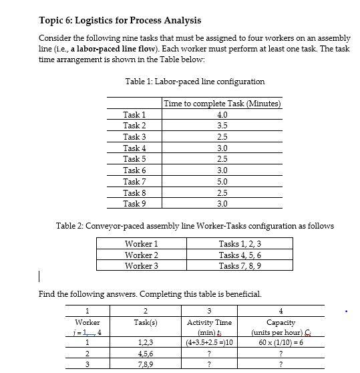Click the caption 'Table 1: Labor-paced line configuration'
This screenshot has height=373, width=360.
195,82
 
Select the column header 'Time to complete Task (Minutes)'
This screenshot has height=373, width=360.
222,104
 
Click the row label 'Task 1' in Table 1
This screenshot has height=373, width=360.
134,115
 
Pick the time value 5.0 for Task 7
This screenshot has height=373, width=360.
222,181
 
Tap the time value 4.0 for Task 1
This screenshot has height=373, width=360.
222,115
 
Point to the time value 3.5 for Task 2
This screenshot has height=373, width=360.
222,126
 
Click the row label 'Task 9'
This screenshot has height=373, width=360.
134,203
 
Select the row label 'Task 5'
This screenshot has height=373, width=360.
134,159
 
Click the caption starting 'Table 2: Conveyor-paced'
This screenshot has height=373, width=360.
195,226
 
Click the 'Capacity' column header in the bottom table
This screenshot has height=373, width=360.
281,322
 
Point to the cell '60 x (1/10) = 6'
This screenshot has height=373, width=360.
281,343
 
